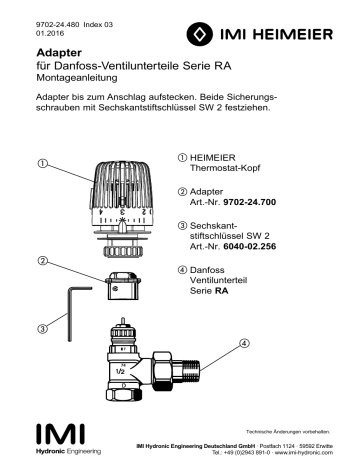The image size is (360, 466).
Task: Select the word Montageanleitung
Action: (x=83, y=76)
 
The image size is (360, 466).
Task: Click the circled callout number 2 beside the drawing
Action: (x=44, y=263)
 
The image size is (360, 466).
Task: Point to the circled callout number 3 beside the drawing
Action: (x=44, y=328)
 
